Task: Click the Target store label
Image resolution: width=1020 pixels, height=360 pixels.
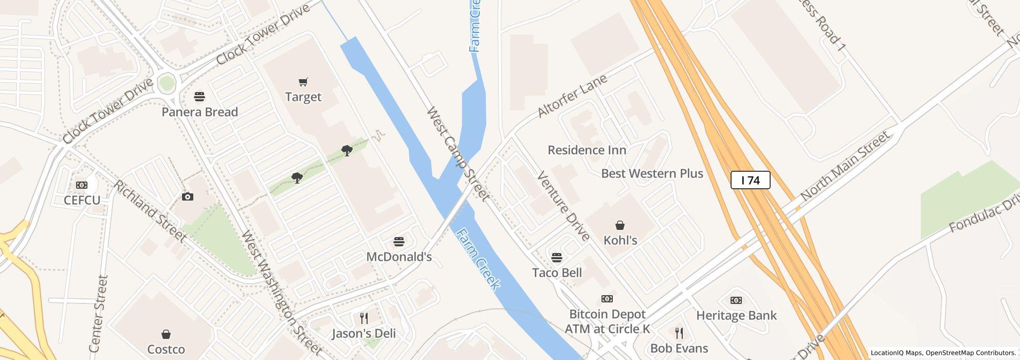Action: tap(303, 97)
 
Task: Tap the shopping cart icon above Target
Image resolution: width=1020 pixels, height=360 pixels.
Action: tap(303, 82)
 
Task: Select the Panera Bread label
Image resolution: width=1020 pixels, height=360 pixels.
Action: tap(199, 112)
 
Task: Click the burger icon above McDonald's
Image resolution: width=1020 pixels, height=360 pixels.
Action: tap(398, 242)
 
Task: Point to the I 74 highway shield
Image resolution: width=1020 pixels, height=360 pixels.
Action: tap(750, 180)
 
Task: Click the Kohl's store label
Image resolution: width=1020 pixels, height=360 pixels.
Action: tap(620, 240)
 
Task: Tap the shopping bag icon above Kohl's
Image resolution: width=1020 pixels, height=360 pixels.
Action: tap(620, 225)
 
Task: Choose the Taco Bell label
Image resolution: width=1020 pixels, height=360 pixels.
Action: tap(557, 273)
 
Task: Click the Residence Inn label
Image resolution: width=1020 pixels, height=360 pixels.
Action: tap(587, 150)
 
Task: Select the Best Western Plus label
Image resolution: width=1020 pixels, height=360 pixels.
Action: tap(652, 173)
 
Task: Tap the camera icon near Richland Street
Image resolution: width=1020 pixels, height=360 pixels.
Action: tap(188, 196)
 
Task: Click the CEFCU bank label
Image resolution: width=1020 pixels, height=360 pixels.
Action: tap(82, 200)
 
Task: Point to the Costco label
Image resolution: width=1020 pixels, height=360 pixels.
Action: tap(166, 349)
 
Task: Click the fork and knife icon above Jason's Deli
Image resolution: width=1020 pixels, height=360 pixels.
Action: tap(364, 318)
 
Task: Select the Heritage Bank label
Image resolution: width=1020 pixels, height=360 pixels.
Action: tap(736, 315)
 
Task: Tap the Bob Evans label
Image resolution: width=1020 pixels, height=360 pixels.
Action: tap(679, 348)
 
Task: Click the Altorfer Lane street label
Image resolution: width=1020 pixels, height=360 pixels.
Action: tap(572, 96)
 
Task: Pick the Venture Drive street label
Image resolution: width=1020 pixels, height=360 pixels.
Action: tap(563, 206)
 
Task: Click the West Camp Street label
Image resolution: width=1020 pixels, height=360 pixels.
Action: tap(458, 154)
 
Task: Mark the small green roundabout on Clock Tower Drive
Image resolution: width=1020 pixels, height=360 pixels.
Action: tap(167, 83)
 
